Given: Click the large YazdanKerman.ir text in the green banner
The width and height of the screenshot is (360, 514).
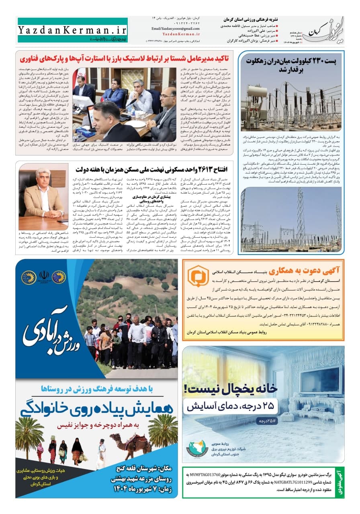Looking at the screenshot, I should tap(72, 31).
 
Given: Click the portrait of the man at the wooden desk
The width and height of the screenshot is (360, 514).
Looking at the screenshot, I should tap(43, 197).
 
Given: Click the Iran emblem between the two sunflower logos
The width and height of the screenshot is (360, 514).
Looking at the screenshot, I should tap(44, 276).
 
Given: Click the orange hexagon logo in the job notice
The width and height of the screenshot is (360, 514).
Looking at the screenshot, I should tap(198, 277).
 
